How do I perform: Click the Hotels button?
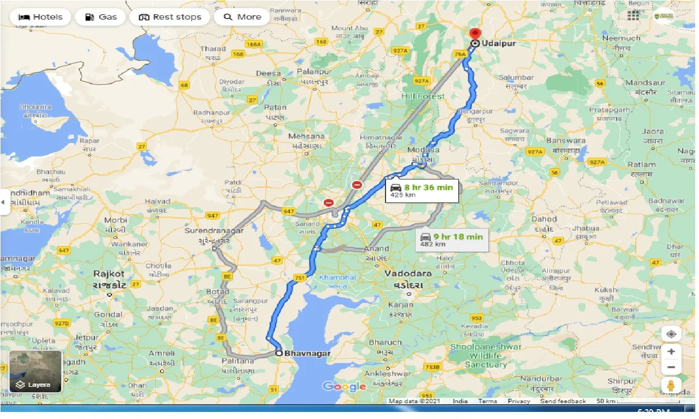(40, 17)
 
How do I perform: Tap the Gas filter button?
(101, 17)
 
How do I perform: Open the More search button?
(242, 17)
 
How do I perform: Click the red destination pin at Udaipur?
(475, 34)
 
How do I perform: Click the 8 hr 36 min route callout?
(421, 190)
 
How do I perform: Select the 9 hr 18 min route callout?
(451, 240)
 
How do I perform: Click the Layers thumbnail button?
(35, 372)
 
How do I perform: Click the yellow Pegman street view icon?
(671, 385)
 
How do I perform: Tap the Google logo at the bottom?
(344, 387)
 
